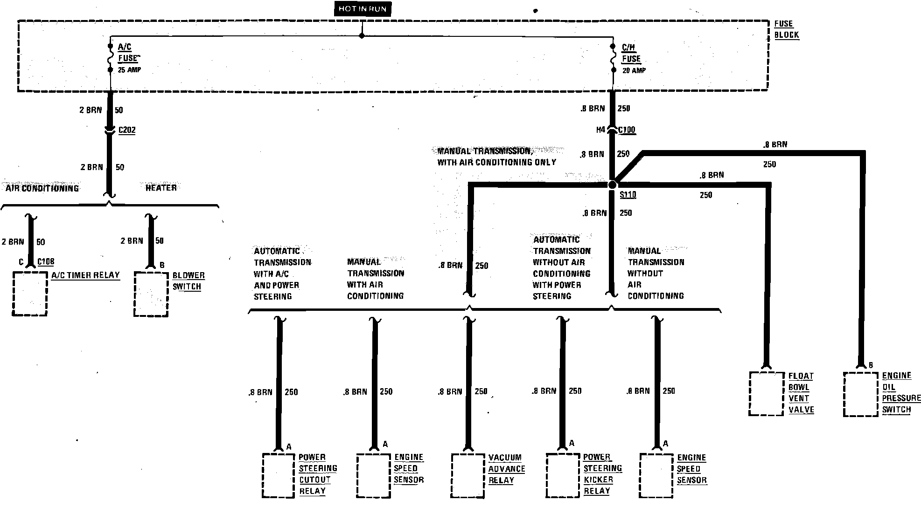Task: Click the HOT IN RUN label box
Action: [x=362, y=9]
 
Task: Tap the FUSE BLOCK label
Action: [x=786, y=29]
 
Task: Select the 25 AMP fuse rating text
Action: [x=129, y=70]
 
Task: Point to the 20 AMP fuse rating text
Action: [x=634, y=70]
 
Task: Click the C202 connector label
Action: [x=127, y=130]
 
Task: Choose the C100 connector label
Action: [x=627, y=130]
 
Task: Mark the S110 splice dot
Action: [x=612, y=185]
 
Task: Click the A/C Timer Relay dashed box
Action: [x=30, y=294]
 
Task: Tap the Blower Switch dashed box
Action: [x=151, y=294]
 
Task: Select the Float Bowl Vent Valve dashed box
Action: [x=766, y=393]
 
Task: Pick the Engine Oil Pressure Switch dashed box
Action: [x=861, y=394]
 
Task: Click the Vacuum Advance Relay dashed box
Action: [x=468, y=475]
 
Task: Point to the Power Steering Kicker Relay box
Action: [x=563, y=475]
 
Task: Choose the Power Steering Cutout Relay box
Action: [x=279, y=475]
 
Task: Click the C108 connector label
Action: [x=46, y=262]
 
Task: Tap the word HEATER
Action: [x=161, y=188]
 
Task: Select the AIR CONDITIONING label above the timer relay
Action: [x=42, y=188]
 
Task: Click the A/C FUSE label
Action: [x=127, y=53]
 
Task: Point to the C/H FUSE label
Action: [x=631, y=53]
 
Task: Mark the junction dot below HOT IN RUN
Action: [x=362, y=36]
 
